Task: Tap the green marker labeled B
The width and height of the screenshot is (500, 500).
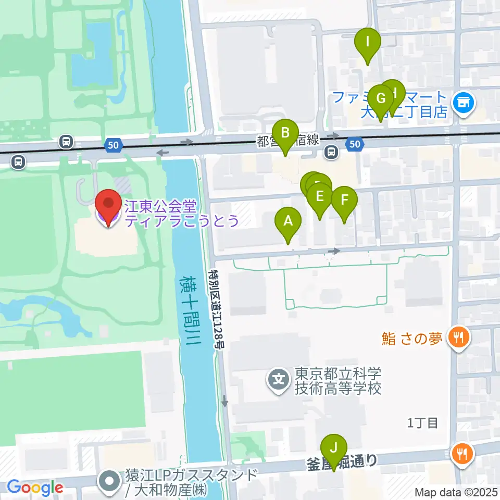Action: [x=285, y=133]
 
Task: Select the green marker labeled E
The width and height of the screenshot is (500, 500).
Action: [x=319, y=197]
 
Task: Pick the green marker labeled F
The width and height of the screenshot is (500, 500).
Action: [x=344, y=200]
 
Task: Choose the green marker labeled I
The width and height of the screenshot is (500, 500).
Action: [x=368, y=42]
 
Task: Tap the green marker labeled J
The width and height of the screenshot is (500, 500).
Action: [x=333, y=448]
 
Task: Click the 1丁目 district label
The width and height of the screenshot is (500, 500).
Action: [x=422, y=422]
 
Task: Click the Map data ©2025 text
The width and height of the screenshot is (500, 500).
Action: [x=456, y=492]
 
